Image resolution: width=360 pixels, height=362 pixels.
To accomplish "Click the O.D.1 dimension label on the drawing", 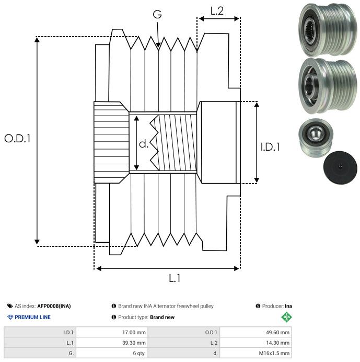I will [18, 139].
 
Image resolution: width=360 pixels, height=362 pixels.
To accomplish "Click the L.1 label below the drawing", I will [175, 279].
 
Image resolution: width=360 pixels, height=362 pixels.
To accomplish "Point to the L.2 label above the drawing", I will [217, 10].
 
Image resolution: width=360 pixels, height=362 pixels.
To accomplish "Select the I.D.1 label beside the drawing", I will [270, 147].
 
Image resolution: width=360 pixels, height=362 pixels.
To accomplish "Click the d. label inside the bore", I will [144, 144].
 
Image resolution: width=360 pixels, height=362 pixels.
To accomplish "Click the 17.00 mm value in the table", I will [133, 332].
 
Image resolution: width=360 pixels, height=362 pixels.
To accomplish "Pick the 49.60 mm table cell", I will [277, 332].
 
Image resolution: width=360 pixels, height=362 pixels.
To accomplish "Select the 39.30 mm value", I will [133, 343].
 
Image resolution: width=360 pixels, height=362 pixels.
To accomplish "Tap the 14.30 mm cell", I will [277, 343].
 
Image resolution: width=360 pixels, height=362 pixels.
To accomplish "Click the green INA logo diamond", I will [286, 316].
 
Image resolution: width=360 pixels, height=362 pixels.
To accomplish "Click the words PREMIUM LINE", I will [33, 317].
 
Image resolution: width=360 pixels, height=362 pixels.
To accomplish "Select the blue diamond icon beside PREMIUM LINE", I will [10, 317].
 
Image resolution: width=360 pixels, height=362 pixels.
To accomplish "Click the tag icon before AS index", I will [10, 306].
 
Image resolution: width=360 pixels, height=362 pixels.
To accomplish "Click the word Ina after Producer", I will [288, 306].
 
